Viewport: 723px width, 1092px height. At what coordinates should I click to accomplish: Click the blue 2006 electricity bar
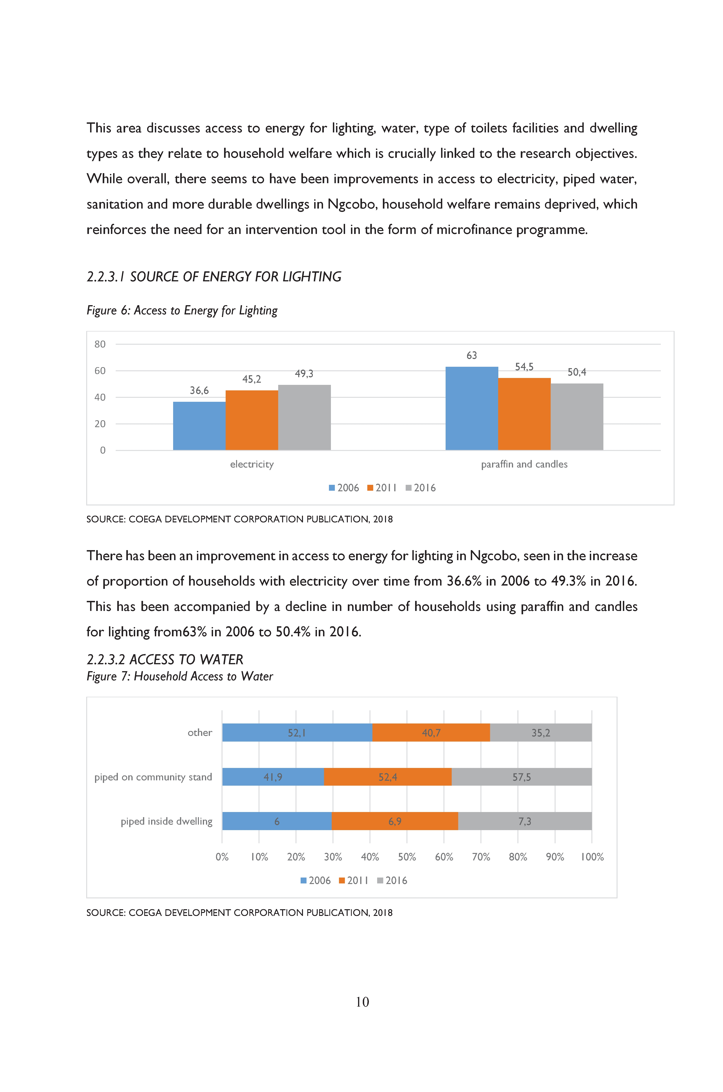tap(199, 426)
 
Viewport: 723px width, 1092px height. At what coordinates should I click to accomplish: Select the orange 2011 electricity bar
tap(252, 420)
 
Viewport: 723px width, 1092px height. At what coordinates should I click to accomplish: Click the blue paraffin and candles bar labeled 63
tap(472, 408)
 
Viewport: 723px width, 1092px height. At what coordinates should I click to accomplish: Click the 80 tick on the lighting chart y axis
tap(100, 344)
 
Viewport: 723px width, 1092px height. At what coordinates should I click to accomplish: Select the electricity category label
tap(252, 464)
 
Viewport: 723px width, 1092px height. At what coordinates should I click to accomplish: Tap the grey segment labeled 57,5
tap(522, 777)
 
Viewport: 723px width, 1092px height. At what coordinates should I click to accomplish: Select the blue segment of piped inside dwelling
tap(277, 821)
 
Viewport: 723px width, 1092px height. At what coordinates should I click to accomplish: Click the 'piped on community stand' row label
tap(153, 777)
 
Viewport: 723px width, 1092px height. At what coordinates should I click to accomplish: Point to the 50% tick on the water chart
tap(407, 857)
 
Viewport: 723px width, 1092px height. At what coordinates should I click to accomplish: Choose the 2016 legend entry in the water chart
tap(392, 880)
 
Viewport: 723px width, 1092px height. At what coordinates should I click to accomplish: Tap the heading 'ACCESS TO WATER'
tap(186, 660)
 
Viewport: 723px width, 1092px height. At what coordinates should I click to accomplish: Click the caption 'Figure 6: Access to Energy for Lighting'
tap(182, 310)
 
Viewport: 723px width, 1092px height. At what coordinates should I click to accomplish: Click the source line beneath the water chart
tap(239, 913)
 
